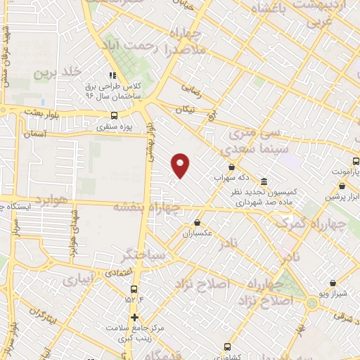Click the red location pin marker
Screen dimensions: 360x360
(x=181, y=165)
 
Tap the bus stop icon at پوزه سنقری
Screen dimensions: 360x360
(x=115, y=117)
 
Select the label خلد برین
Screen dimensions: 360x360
(x=55, y=72)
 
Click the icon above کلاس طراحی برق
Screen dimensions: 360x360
(x=110, y=76)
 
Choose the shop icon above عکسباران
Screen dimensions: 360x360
(x=197, y=224)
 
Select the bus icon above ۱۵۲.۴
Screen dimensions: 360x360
(x=134, y=288)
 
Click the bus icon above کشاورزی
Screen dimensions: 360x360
(x=226, y=347)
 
